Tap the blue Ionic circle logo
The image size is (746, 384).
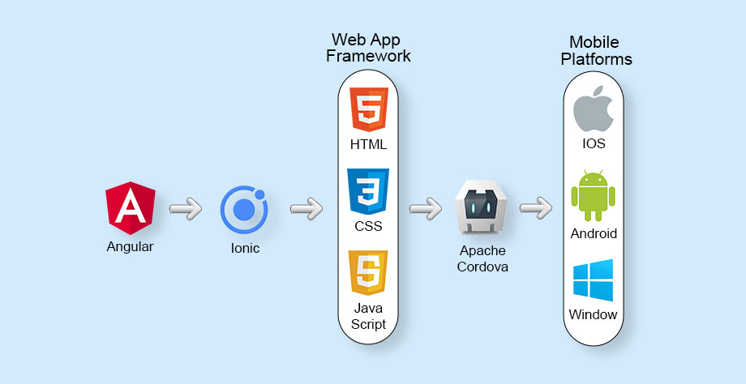pyautogui.click(x=244, y=209)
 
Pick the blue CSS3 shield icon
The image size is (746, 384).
pyautogui.click(x=369, y=191)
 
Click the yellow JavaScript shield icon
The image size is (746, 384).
pyautogui.click(x=369, y=273)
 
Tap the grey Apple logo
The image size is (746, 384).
pyautogui.click(x=592, y=111)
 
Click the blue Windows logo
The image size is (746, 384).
pyautogui.click(x=593, y=280)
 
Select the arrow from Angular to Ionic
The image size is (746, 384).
pyautogui.click(x=186, y=209)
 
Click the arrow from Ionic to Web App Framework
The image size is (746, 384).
pyautogui.click(x=307, y=209)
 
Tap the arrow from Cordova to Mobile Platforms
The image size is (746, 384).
pyautogui.click(x=536, y=209)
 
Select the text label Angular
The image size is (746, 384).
pyautogui.click(x=130, y=246)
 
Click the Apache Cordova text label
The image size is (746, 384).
pyautogui.click(x=482, y=258)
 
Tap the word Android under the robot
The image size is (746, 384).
pyautogui.click(x=594, y=233)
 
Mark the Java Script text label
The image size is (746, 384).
pyautogui.click(x=369, y=316)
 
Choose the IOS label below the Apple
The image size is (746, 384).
pyautogui.click(x=594, y=144)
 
